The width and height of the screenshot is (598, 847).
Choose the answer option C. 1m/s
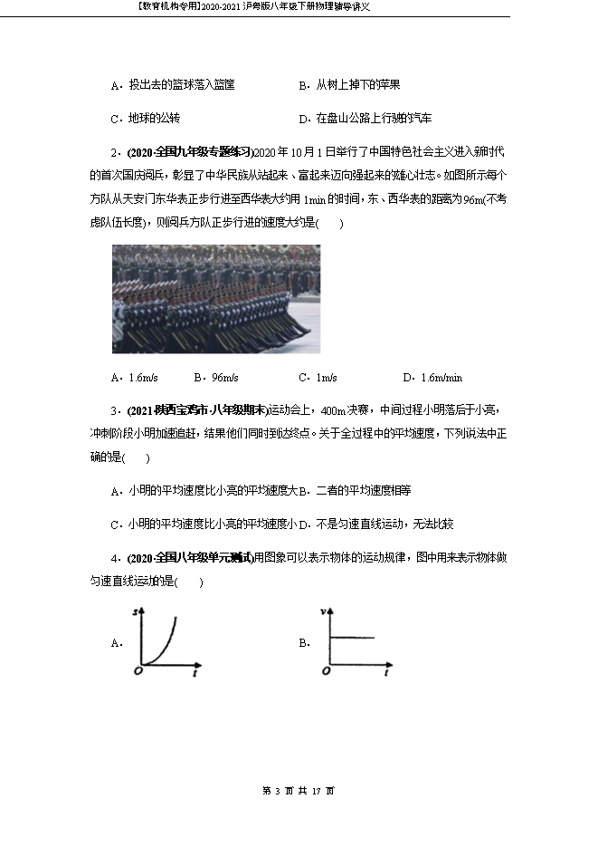(317, 378)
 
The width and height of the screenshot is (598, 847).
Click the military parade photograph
(215, 299)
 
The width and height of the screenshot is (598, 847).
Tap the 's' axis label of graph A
(135, 613)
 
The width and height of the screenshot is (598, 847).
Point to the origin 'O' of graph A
(137, 671)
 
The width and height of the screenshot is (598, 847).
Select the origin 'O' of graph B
(324, 671)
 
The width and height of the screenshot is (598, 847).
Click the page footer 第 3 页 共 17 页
(299, 791)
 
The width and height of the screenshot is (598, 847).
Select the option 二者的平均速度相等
(363, 490)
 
